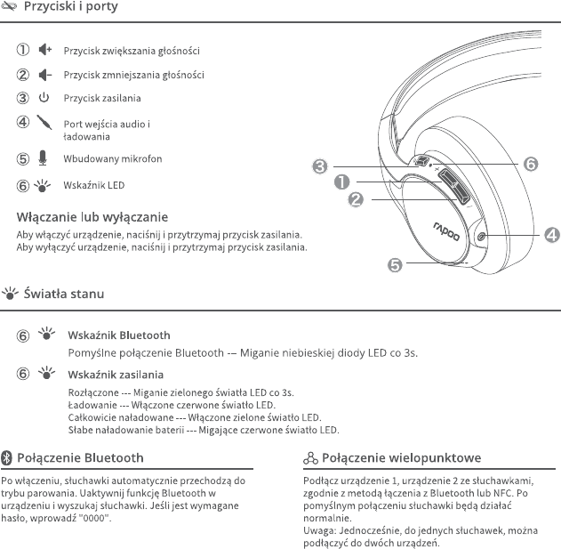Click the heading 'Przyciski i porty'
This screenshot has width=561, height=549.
[70, 7]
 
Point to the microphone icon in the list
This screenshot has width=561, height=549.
[44, 158]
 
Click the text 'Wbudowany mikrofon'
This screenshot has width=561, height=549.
[112, 159]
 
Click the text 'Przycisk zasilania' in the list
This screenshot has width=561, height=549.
[101, 99]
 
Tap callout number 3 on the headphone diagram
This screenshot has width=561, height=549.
[318, 165]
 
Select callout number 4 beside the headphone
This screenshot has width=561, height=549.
[551, 235]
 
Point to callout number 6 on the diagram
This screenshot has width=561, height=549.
[530, 165]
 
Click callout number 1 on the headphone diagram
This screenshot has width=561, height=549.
[340, 182]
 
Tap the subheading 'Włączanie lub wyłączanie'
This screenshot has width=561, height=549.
[92, 217]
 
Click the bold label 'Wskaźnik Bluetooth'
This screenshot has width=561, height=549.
[118, 335]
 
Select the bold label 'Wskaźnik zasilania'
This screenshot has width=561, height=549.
[116, 375]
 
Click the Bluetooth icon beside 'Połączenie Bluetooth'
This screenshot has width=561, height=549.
[7, 457]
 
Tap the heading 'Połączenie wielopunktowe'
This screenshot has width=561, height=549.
[401, 457]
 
